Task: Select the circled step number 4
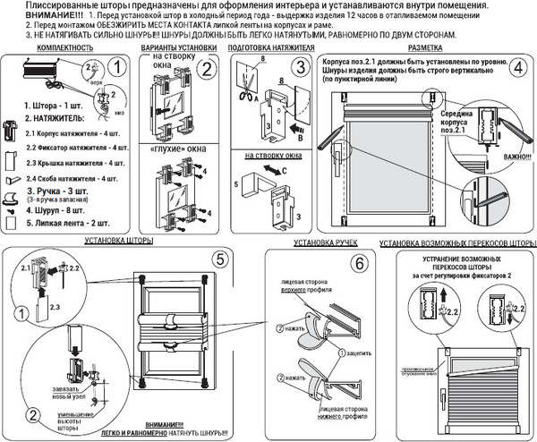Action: tap(517, 68)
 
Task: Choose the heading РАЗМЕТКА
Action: tap(423, 45)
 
